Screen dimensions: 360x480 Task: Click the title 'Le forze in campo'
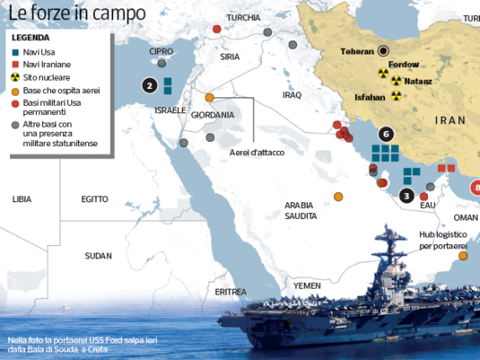[x=74, y=13]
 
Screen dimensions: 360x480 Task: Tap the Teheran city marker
[x=383, y=50]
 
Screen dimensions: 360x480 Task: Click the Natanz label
[x=417, y=81]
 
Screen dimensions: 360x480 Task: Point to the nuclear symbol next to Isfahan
[x=396, y=96]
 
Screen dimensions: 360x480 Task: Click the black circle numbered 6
[x=385, y=133]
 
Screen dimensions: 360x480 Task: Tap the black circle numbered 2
[x=149, y=85]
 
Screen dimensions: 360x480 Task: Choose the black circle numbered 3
[x=405, y=196]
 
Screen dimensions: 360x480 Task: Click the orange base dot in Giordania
[x=210, y=97]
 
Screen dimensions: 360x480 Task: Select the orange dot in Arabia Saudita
[x=338, y=196]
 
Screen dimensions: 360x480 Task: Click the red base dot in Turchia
[x=217, y=29]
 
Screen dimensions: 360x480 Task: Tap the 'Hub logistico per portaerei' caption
[x=441, y=242]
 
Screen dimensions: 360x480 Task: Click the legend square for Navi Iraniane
[x=15, y=65]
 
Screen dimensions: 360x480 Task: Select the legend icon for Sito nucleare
[x=15, y=77]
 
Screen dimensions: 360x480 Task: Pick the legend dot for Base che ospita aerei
[x=15, y=90]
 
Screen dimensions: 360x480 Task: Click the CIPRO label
[x=161, y=51]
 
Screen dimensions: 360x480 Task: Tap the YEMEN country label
[x=306, y=285]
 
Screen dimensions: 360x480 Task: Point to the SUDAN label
[x=98, y=255]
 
